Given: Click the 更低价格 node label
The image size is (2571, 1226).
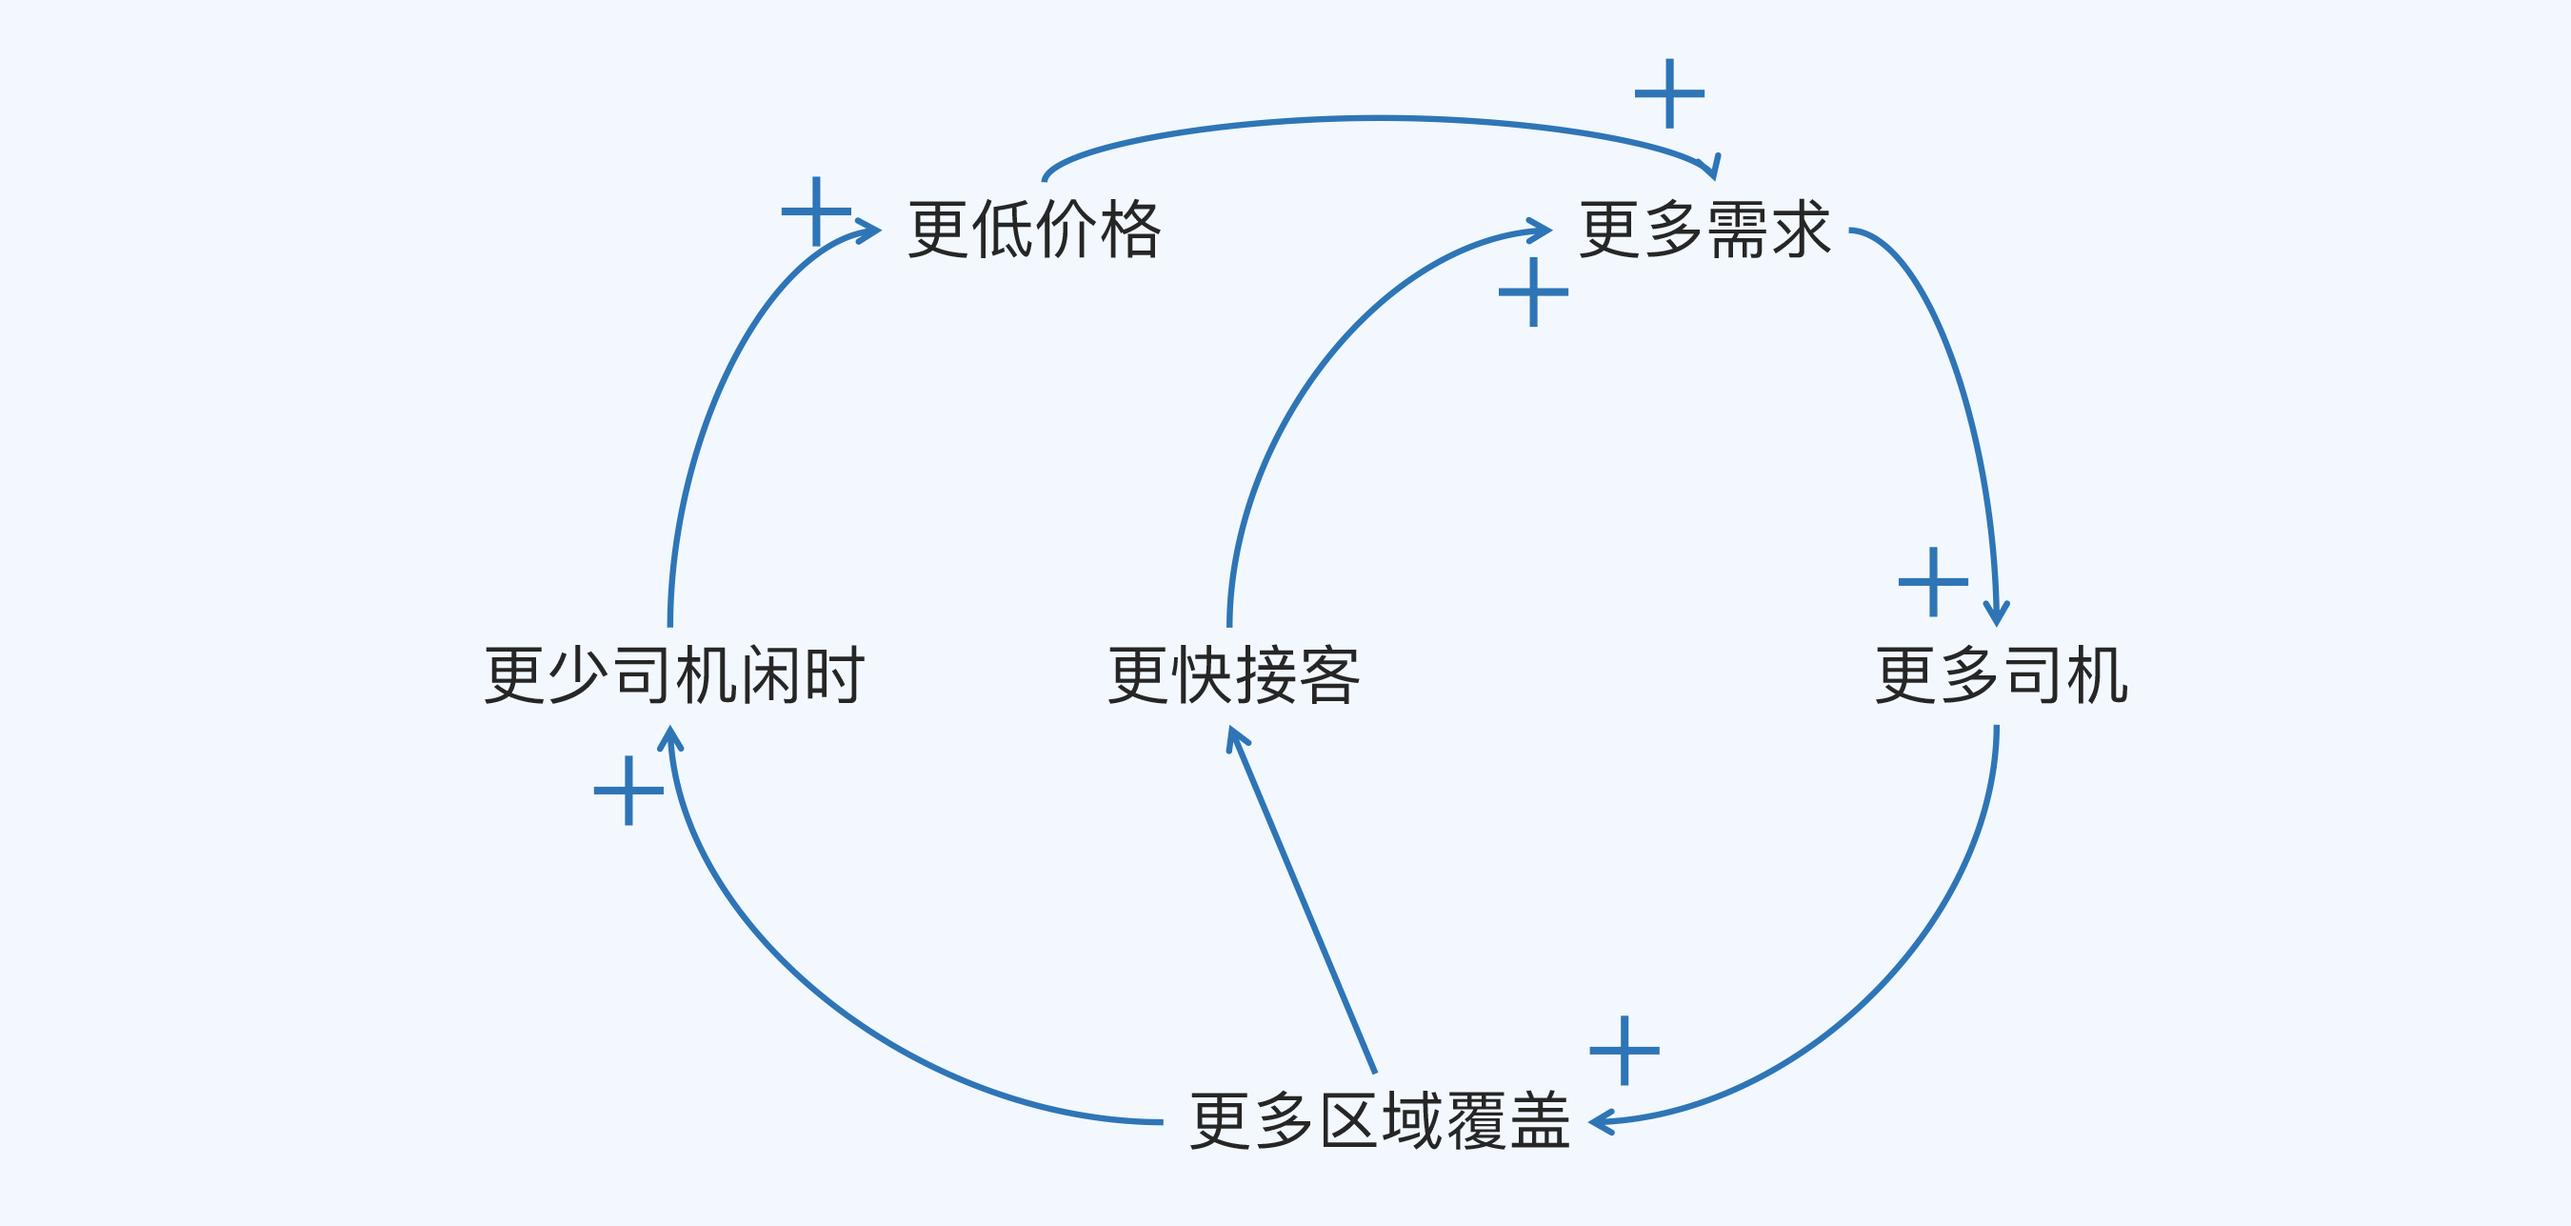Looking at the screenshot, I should click(x=1034, y=230).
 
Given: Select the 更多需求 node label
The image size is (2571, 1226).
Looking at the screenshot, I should click(x=1704, y=230).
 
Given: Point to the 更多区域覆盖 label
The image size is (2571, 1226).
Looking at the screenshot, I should click(x=1380, y=1121).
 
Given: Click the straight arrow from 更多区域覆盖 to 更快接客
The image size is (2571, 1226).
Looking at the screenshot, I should click(x=1303, y=898).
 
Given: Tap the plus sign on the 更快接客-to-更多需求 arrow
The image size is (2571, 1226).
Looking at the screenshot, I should click(x=1533, y=292).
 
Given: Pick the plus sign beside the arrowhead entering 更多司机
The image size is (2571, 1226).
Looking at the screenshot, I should click(x=1933, y=582).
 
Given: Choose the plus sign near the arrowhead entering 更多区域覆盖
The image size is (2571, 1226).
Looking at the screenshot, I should click(x=1624, y=1051).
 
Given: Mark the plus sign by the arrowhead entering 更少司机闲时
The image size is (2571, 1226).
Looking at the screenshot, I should click(x=628, y=791).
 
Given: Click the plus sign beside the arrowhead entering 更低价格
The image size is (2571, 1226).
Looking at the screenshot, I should click(x=816, y=211).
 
